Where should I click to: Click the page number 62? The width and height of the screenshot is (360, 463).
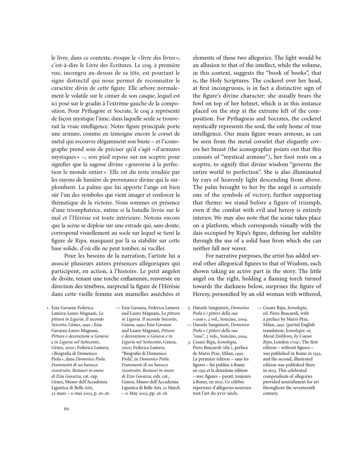click(x=67, y=409)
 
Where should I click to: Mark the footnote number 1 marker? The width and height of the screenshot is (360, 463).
click(x=48, y=308)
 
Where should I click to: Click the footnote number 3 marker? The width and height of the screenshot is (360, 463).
click(x=189, y=342)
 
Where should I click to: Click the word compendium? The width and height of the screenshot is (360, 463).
click(x=276, y=376)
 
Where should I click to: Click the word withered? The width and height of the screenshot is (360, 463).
click(x=310, y=294)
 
